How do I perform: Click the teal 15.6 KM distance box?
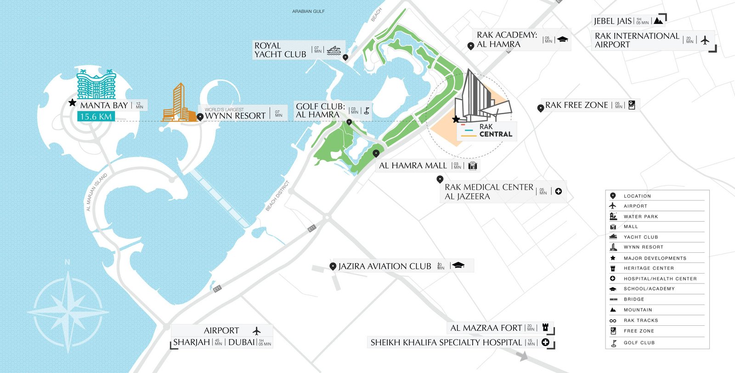[96, 117]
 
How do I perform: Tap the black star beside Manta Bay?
[72, 103]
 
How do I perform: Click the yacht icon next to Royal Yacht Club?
[334, 50]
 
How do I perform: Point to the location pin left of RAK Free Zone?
[540, 108]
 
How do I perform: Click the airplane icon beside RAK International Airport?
[705, 40]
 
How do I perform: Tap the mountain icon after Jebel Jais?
[658, 21]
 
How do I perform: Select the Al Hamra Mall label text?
[413, 166]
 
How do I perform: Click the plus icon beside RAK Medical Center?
[558, 191]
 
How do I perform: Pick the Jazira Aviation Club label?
[384, 266]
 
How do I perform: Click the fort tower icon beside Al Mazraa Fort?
[545, 328]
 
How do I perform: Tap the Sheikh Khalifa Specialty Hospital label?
[446, 343]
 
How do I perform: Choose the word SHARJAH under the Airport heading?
[191, 342]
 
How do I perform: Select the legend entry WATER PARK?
[640, 217]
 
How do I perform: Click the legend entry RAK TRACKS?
[640, 320]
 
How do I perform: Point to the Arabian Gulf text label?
[308, 11]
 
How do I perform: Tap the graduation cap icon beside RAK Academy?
[563, 40]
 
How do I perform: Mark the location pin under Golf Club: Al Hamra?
[349, 122]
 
